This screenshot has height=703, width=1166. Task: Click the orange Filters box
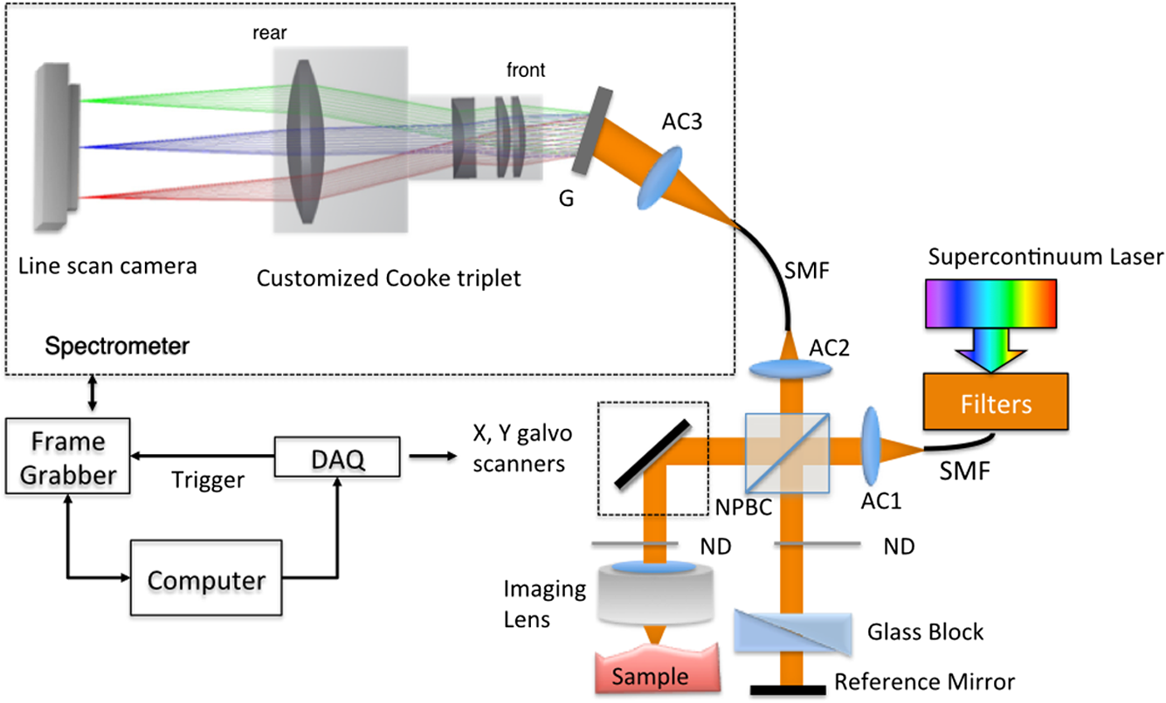click(x=995, y=404)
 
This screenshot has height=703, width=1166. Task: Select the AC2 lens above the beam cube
click(x=790, y=370)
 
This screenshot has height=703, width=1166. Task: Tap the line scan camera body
click(x=61, y=146)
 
